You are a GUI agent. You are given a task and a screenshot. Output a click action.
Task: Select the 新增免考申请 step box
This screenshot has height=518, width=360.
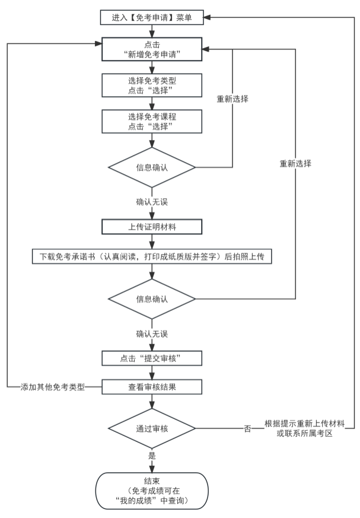[153, 49]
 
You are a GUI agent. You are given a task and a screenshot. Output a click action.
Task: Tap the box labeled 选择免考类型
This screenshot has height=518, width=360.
[153, 85]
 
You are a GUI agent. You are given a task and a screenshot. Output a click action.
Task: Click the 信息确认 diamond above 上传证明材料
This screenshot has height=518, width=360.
[153, 168]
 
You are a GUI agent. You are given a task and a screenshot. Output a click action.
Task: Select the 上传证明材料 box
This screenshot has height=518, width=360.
[153, 227]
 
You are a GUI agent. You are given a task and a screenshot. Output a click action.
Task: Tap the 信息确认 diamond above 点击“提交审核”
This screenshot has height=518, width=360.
[153, 299]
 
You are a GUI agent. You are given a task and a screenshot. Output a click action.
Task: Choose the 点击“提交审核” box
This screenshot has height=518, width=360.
[153, 358]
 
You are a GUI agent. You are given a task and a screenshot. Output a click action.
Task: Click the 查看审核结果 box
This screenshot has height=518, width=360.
[153, 387]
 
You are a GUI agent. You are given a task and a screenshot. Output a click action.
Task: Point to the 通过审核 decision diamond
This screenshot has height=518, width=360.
[153, 428]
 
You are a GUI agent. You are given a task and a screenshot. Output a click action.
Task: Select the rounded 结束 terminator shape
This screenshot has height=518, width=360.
[153, 491]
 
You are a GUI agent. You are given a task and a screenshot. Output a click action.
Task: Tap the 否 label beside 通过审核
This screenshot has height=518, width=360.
[247, 428]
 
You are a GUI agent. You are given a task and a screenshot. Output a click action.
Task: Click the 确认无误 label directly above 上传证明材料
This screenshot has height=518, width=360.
[152, 202]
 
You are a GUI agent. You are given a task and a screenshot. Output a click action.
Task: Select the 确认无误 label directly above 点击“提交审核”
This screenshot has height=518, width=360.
[152, 333]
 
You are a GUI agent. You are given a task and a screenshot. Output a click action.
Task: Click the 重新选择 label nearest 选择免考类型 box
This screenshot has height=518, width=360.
[232, 99]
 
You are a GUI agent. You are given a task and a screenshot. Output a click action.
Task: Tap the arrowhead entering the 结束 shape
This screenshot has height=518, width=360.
[153, 469]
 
